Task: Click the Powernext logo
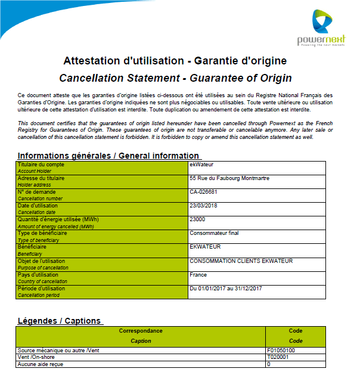(321, 30)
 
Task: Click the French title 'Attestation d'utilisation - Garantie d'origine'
(175, 61)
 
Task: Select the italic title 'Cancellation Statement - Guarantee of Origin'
(175, 78)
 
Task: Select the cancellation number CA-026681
(203, 191)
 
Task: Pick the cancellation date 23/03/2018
(203, 205)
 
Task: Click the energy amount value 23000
(197, 219)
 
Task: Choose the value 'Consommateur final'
(214, 233)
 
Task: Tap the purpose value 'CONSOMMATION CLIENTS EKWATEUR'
(241, 261)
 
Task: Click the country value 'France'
(198, 274)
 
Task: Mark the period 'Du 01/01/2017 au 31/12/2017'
(226, 288)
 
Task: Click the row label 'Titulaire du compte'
(41, 164)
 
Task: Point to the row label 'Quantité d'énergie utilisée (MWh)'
(58, 219)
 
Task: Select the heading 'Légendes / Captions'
(60, 320)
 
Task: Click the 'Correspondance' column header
(141, 330)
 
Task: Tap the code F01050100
(281, 351)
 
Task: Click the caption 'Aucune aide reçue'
(41, 364)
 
